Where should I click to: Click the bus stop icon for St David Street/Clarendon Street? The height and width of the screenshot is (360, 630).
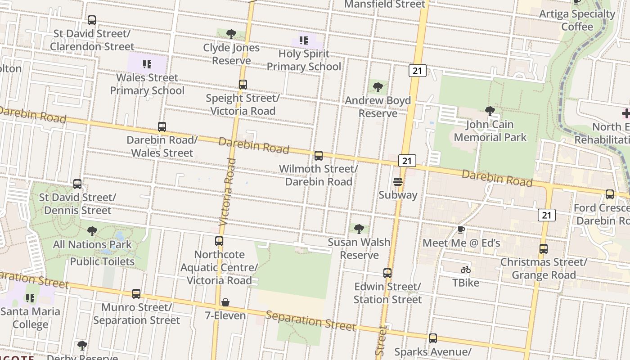coord(92,20)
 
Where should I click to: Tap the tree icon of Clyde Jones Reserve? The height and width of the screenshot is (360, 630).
coord(231,34)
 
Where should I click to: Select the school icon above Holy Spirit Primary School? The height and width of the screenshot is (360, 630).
coord(304,40)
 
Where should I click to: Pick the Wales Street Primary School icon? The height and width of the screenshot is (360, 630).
coord(147,64)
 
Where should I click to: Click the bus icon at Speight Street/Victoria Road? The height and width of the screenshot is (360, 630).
coord(243,85)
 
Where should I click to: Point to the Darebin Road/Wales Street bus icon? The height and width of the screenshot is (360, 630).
coord(162,127)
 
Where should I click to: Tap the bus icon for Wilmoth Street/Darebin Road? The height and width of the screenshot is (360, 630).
coord(319,156)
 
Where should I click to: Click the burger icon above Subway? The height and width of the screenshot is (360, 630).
coord(398,182)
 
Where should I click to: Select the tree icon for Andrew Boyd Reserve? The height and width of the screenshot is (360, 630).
coord(378,87)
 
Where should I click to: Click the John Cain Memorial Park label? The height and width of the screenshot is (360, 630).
coord(490,130)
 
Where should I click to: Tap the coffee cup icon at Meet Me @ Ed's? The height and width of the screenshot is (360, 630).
coord(461,230)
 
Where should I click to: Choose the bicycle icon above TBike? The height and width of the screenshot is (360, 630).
coord(466,270)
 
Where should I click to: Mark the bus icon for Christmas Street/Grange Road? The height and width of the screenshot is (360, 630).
coord(544,249)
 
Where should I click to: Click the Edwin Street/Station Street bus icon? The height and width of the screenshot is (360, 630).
coord(387,273)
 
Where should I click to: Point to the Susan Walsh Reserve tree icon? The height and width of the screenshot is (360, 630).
coord(359,229)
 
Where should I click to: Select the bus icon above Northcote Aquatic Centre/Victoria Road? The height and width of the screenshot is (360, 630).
coord(219,241)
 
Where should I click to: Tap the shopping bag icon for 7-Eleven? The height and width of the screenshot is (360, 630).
coord(225,302)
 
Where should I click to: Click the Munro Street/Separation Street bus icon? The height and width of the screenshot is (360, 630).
coord(136,294)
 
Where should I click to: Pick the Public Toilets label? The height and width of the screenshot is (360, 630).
coord(102,261)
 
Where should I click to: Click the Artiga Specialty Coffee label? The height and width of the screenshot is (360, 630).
coord(577,20)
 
